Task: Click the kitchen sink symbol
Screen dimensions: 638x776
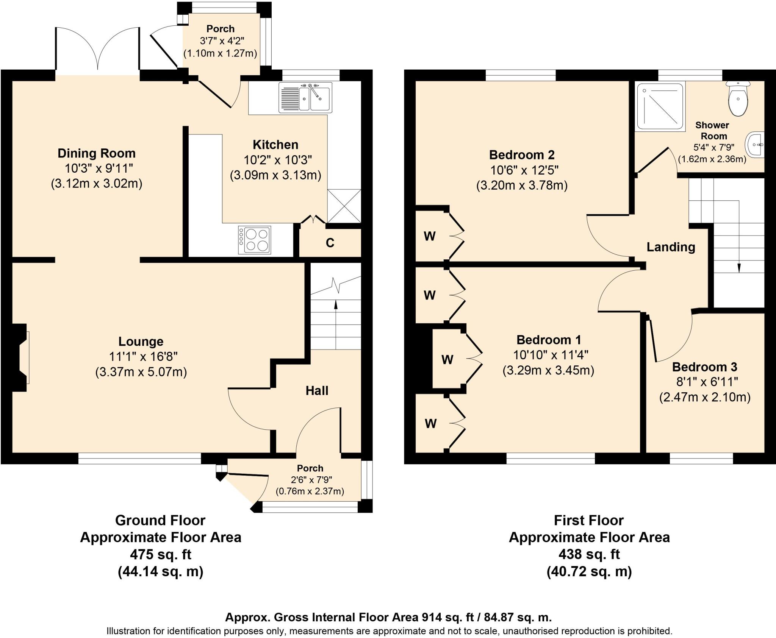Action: click(x=305, y=98)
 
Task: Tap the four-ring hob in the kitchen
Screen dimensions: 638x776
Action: click(x=255, y=240)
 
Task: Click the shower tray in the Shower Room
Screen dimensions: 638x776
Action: click(x=660, y=107)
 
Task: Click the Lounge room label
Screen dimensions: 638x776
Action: click(x=141, y=342)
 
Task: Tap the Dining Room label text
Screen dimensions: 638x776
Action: click(x=96, y=153)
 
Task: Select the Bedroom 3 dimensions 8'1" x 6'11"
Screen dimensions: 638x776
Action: click(x=705, y=382)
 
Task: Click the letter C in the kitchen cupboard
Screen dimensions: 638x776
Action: click(x=330, y=243)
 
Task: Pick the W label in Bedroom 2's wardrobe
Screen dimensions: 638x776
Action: click(x=429, y=236)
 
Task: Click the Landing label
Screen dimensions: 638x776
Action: click(x=671, y=247)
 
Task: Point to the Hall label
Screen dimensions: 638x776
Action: click(x=317, y=391)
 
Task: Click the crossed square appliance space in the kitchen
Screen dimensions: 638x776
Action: click(x=344, y=206)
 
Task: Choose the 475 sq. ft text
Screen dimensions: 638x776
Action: click(x=160, y=554)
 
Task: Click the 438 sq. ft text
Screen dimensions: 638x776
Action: click(x=589, y=554)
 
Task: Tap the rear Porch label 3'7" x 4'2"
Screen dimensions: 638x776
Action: click(x=221, y=41)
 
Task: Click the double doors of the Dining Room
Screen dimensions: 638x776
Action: click(x=98, y=49)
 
